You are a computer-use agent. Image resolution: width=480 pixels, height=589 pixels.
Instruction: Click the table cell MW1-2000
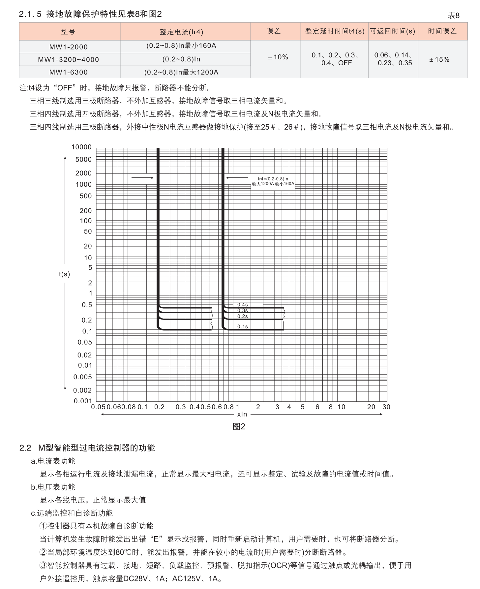(x=69, y=47)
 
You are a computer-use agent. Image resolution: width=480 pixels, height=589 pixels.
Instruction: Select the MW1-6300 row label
(x=69, y=72)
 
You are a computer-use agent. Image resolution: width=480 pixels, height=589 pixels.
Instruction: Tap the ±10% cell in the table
(x=278, y=57)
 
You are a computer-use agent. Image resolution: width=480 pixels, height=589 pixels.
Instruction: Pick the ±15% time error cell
(x=439, y=60)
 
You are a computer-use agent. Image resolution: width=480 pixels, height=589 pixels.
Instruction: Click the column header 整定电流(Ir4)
(x=181, y=32)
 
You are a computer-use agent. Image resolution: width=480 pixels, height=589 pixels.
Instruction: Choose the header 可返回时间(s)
(x=392, y=31)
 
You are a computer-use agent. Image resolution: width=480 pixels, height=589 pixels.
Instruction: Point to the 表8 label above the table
(x=454, y=15)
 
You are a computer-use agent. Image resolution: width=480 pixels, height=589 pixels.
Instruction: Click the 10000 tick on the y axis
(x=81, y=147)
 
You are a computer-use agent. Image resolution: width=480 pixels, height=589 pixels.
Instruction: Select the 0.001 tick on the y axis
(x=83, y=401)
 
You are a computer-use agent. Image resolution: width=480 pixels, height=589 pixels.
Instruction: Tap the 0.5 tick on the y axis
(x=87, y=305)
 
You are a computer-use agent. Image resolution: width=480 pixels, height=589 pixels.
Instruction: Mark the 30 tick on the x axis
(x=386, y=407)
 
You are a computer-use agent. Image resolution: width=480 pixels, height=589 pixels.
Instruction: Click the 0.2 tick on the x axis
(x=159, y=407)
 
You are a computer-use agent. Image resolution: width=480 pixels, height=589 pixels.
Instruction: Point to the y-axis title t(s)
(x=64, y=274)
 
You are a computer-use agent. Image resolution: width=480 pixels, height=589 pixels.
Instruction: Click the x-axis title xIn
(x=242, y=415)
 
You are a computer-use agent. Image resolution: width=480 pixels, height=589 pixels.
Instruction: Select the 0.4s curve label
(x=242, y=305)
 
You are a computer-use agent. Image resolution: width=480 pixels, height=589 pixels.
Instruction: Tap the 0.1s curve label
(x=242, y=326)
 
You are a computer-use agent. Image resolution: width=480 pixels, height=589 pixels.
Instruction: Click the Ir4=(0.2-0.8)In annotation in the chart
(x=273, y=179)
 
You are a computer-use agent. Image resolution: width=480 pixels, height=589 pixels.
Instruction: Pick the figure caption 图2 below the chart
(x=239, y=427)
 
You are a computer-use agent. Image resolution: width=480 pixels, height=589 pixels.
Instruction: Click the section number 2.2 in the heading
(x=25, y=448)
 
